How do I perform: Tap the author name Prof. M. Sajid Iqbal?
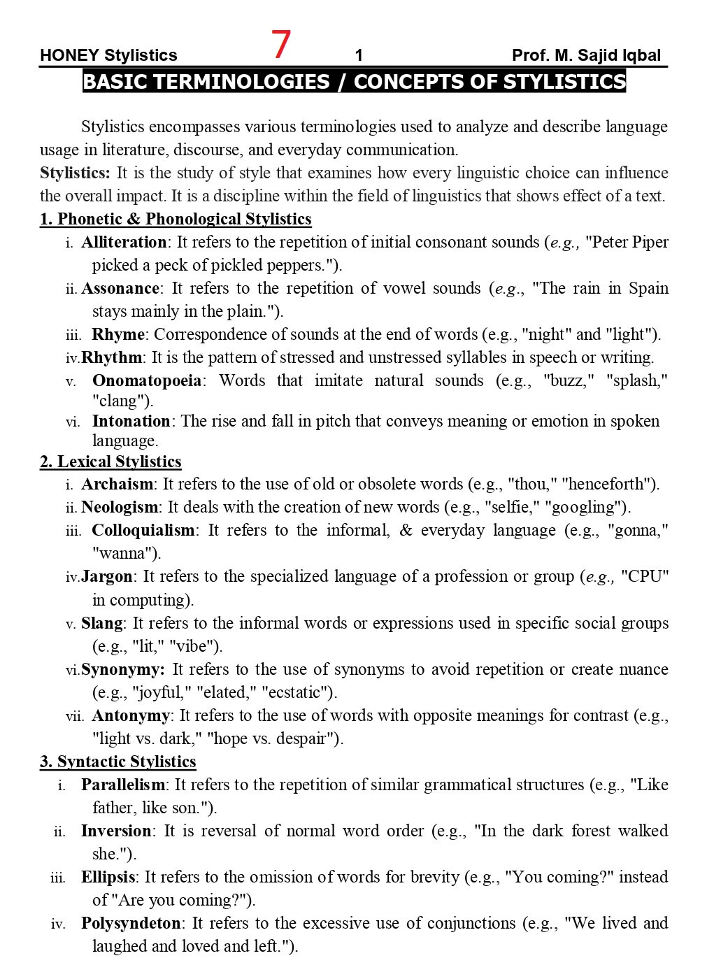[x=586, y=55]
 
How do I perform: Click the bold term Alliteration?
[x=124, y=243]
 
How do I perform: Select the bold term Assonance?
[x=120, y=289]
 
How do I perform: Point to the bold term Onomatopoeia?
[x=147, y=381]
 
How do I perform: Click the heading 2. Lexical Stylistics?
[x=110, y=462]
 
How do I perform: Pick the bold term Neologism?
[x=120, y=508]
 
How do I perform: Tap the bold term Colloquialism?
[x=143, y=531]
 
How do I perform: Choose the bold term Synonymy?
[x=122, y=670]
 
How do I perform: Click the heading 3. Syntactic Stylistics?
[x=117, y=762]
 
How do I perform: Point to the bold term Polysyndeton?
[x=131, y=924]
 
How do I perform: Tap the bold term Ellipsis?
[x=108, y=878]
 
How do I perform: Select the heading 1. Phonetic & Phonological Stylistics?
[x=176, y=220]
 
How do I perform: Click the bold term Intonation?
[x=131, y=422]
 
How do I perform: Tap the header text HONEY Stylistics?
[x=108, y=55]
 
